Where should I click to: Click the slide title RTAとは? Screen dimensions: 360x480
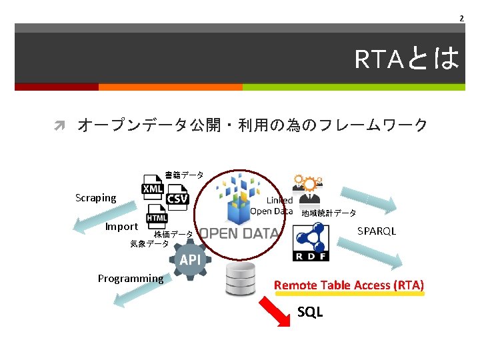coord(407,59)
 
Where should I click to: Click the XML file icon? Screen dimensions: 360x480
coord(153,187)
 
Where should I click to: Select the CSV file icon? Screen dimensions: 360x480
coord(177,197)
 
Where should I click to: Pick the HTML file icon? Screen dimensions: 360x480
coord(157,217)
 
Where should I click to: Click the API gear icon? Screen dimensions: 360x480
coord(189,259)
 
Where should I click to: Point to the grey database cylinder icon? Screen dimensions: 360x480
coord(241,279)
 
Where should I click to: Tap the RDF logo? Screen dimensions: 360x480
coord(311,242)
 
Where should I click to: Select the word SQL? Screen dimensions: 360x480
coord(310,311)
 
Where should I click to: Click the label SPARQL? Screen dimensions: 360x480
coord(377,231)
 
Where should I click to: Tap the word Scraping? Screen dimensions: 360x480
coord(96,198)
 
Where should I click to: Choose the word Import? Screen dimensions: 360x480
coord(121,227)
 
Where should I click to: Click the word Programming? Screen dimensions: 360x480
coord(130,279)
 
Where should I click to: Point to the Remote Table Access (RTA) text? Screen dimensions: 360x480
coord(349,285)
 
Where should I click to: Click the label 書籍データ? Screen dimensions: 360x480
coord(184,175)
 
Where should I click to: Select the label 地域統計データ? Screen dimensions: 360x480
coord(329,213)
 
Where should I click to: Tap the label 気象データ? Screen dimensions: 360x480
coord(149,244)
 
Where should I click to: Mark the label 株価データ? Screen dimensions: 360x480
coord(173,235)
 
